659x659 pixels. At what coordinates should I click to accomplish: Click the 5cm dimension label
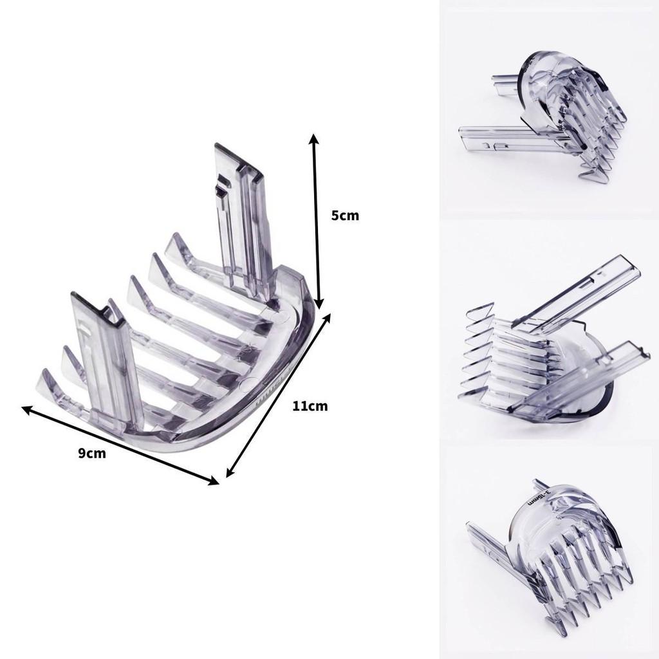[x=345, y=216]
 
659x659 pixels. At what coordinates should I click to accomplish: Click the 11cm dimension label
[x=310, y=406]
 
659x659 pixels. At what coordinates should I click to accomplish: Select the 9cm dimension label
[x=92, y=453]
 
